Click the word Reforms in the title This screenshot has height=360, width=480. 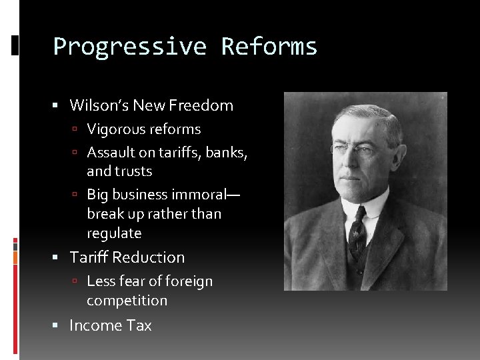(x=269, y=47)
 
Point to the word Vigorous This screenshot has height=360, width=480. (x=116, y=129)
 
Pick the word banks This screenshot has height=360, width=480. (x=226, y=152)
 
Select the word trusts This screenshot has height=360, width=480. (x=133, y=171)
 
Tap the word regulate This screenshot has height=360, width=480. (x=114, y=233)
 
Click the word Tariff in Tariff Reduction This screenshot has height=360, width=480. (x=89, y=257)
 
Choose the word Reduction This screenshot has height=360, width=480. (x=149, y=257)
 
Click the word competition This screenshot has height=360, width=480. (x=127, y=301)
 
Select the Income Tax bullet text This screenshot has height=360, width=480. (x=111, y=325)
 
